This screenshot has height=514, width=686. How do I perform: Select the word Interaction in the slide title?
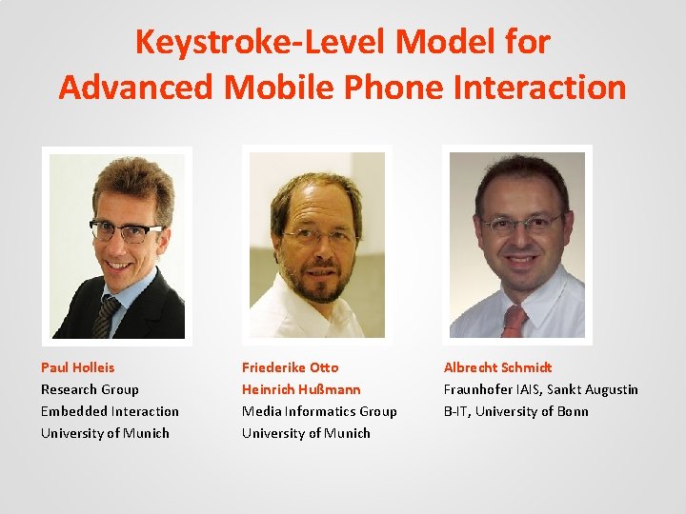point(540,87)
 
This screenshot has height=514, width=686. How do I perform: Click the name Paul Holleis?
point(77,367)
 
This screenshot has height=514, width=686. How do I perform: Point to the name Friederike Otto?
point(290,367)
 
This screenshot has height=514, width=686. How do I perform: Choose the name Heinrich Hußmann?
point(301,389)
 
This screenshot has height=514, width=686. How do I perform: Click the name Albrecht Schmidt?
point(497,367)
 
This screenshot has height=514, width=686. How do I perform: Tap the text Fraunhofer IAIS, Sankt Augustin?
point(540,389)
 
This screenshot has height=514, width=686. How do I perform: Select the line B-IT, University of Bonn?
point(515,411)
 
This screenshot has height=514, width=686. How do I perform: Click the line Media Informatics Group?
point(319,411)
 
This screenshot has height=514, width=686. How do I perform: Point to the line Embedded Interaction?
point(110,411)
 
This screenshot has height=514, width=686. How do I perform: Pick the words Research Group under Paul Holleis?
point(90,389)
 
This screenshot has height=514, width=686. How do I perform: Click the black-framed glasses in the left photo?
point(126,230)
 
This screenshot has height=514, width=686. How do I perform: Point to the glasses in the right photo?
point(521,226)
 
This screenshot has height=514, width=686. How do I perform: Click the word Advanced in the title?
point(137,87)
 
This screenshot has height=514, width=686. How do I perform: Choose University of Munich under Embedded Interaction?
point(105,433)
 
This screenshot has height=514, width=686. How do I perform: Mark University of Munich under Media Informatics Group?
point(306,433)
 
